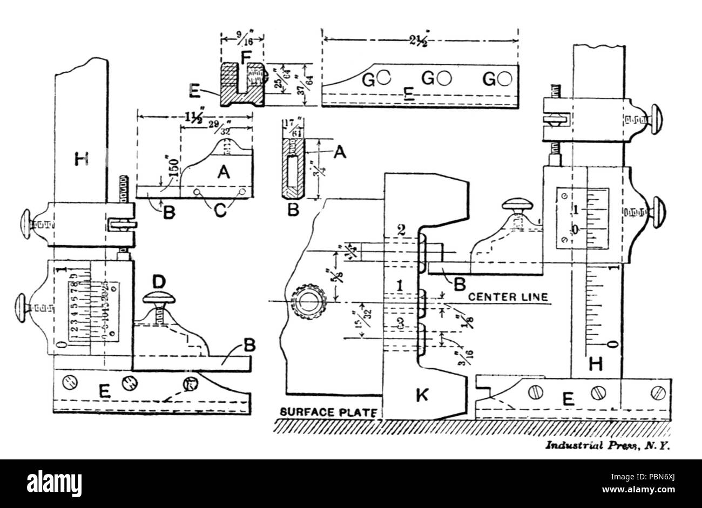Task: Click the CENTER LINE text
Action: (x=508, y=297)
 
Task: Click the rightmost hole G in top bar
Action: (x=505, y=79)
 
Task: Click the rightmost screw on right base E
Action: (x=657, y=391)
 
